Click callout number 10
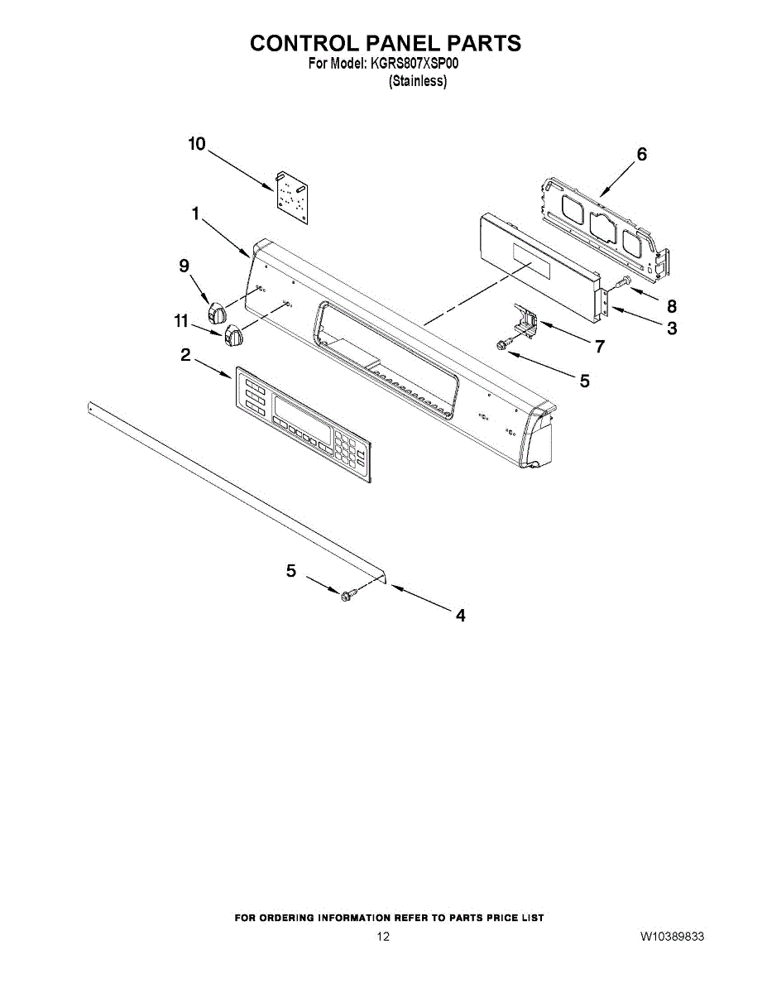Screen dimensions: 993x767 [x=196, y=144]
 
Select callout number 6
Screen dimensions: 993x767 [x=641, y=154]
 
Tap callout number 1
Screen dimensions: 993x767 [x=195, y=213]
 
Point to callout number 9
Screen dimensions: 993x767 [x=184, y=265]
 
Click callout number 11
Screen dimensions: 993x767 [x=181, y=321]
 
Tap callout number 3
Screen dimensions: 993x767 [x=672, y=329]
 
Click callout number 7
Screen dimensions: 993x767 [x=599, y=347]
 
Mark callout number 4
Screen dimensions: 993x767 [x=460, y=615]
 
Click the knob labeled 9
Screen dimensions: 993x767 [x=218, y=313]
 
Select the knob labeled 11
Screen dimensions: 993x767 [x=233, y=336]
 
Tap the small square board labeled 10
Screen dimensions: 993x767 [x=292, y=198]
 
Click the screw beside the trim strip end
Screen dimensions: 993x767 [x=348, y=592]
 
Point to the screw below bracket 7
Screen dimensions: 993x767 [x=503, y=343]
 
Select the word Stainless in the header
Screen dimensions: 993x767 [x=418, y=82]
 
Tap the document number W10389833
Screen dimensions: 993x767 [x=672, y=937]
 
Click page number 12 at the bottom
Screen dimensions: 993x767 [x=383, y=937]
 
